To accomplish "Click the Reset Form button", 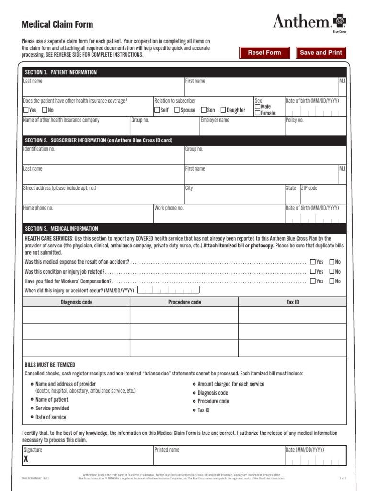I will coord(264,53).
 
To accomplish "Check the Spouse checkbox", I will coord(177,110).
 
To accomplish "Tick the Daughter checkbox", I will coord(223,110).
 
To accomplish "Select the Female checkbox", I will coord(258,113).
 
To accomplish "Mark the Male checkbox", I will coord(258,106).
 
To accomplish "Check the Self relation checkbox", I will coord(157,110).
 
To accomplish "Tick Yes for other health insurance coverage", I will coord(26,110).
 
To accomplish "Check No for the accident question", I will coord(332,262).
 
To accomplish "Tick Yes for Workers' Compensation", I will coord(313,281).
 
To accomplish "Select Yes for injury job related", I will coord(313,271).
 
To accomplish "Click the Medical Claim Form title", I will coord(57,24).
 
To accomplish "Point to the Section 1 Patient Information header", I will coord(61,72).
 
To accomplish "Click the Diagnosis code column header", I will coord(77,302).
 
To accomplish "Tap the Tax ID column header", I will coord(292,302).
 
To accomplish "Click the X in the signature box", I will coord(26,459).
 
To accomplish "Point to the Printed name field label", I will coord(167,450).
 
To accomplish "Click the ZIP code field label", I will coord(309,188).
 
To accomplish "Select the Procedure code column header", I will coord(184,302).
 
